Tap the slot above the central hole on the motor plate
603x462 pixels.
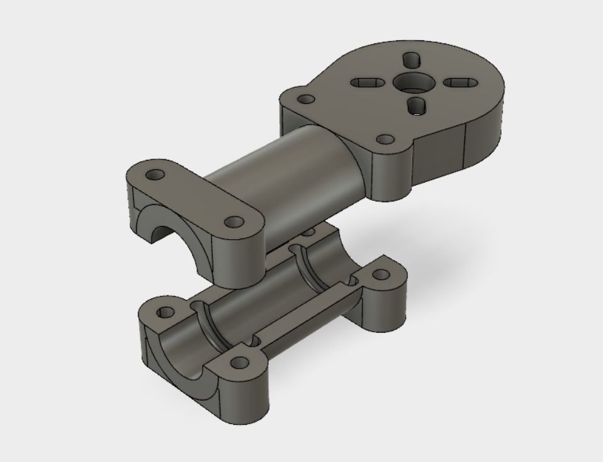413,61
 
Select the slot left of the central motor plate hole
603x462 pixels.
365,82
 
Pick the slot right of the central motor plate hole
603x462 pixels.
458,82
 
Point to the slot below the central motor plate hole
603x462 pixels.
415,106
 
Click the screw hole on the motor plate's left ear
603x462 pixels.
307,99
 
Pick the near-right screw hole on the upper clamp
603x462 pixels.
234,222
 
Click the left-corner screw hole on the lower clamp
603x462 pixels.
165,312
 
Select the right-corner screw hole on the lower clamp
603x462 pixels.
380,275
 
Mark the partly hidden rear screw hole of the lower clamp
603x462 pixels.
308,232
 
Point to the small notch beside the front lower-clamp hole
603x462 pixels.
255,341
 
